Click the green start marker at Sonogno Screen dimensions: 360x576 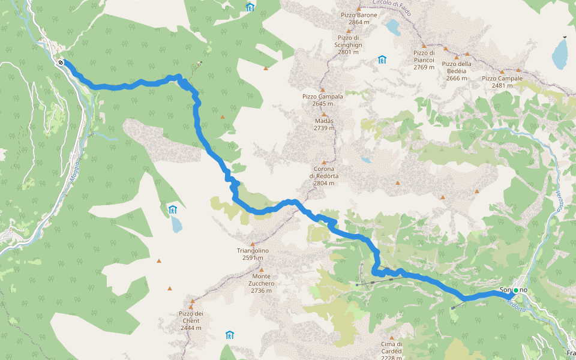coord(515,290)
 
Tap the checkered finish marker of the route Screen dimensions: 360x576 coord(61,62)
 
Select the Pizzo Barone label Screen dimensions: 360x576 coord(359,19)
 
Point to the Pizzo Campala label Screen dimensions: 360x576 coord(323,100)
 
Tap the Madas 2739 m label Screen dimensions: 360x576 coord(323,124)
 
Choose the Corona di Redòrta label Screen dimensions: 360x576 coord(324,175)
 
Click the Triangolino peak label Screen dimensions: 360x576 coord(253,254)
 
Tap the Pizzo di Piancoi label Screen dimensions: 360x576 coord(424,60)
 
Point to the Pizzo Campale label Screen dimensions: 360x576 coord(502,82)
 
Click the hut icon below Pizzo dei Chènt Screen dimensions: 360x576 coord(229,335)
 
